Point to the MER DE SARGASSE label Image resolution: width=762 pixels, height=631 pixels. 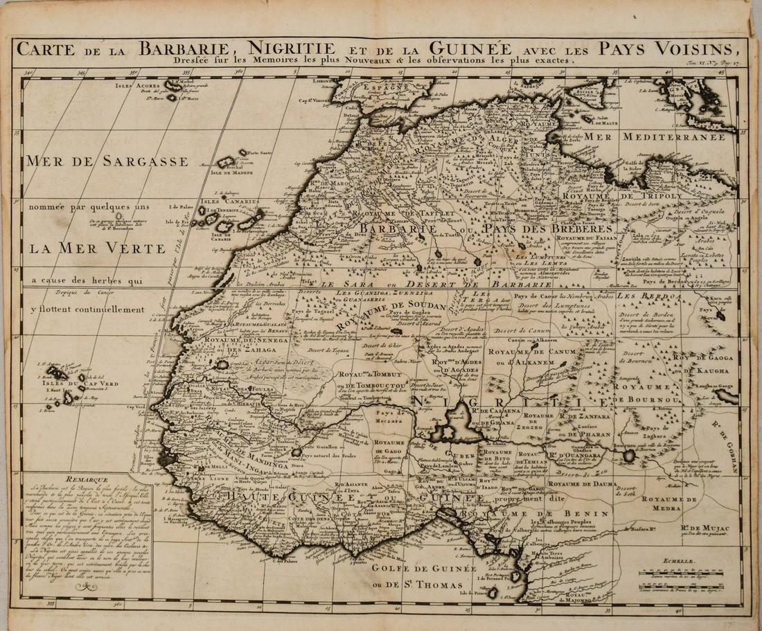[107, 161]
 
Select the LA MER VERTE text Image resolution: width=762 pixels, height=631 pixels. [97, 248]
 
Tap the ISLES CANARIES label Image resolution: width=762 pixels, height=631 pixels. [229, 202]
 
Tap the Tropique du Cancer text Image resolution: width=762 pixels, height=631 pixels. [72, 293]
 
